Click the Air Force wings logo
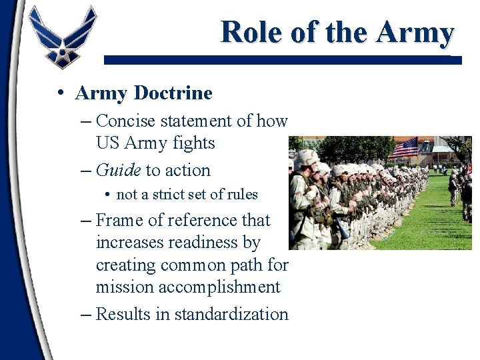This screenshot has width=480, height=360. tap(63, 37)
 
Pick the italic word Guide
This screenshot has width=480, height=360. tap(118, 171)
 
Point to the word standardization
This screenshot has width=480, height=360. tap(231, 315)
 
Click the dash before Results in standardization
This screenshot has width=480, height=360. tap(85, 315)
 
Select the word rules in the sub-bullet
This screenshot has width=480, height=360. tap(242, 195)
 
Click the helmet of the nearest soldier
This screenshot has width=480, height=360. tap(306, 158)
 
